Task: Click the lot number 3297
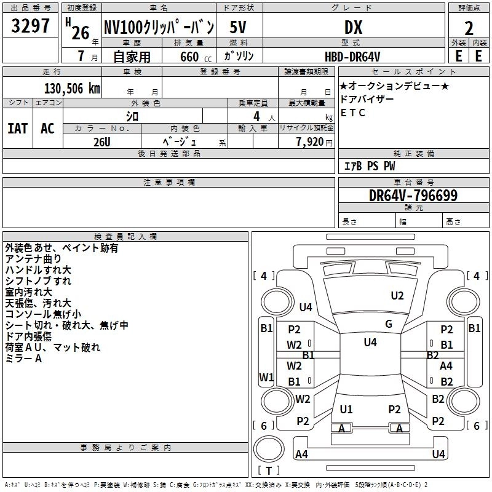coord(31,27)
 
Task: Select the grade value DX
coord(353,27)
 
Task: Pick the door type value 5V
coord(239,27)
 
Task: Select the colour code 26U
coord(102,141)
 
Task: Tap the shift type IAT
coord(17,129)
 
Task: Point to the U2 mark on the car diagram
coord(397,296)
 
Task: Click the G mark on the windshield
coord(389,324)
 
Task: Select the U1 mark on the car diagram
coord(346,409)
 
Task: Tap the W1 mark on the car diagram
coord(266,376)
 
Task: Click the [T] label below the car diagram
coord(269,470)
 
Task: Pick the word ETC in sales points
coord(353,113)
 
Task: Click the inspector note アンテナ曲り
coord(33,259)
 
